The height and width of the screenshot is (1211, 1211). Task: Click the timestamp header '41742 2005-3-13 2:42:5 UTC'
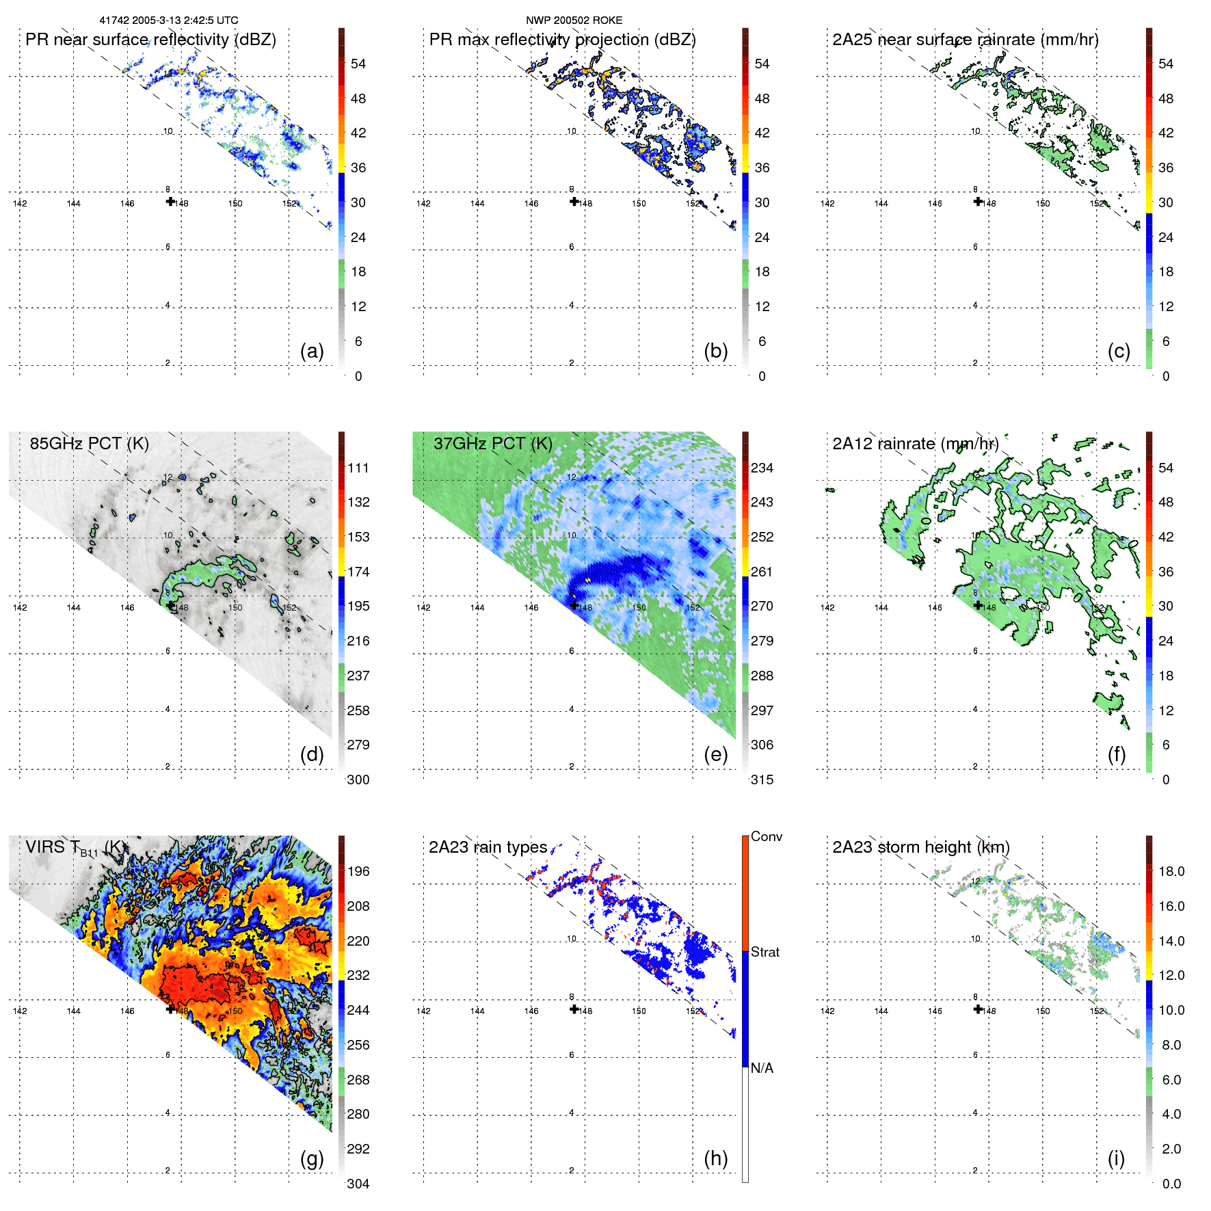pos(169,21)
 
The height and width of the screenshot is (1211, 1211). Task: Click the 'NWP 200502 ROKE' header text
pos(574,21)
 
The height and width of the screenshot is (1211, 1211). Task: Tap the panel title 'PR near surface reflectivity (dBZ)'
pos(150,40)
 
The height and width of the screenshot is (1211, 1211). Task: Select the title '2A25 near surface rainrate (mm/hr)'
pos(966,40)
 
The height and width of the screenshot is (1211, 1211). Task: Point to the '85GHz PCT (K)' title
pos(89,443)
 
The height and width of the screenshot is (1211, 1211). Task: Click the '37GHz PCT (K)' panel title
pos(492,443)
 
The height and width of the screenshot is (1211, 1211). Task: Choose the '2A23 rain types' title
pos(488,847)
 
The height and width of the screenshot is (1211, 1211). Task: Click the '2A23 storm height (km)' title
pos(920,847)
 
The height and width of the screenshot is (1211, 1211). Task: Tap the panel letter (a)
pos(312,351)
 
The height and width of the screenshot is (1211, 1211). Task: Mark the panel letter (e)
pos(715,755)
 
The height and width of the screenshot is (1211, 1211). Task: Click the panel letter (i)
pos(1116,1158)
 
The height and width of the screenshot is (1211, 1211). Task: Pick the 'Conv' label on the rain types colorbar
pos(766,836)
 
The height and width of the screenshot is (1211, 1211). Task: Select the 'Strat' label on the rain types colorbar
pos(764,952)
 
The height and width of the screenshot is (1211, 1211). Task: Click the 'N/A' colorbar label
pos(762,1068)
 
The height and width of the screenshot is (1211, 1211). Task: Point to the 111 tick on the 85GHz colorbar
pos(358,468)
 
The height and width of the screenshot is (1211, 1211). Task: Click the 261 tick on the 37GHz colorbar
pos(762,572)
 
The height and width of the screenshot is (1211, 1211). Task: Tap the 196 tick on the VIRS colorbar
pos(358,871)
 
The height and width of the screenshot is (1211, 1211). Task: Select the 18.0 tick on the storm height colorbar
pos(1171,871)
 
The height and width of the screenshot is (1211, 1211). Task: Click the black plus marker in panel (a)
pos(170,201)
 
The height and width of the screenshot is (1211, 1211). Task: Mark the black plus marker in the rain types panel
pos(574,1009)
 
